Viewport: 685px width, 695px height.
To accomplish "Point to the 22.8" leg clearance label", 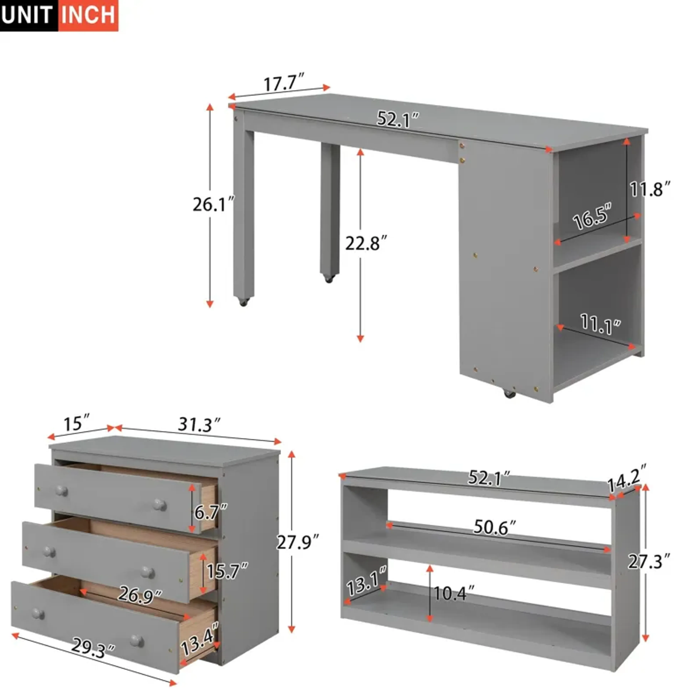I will (x=366, y=243).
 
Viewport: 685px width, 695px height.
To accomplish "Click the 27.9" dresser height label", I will (x=297, y=542).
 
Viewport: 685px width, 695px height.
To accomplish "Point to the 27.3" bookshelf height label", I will (x=649, y=561).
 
